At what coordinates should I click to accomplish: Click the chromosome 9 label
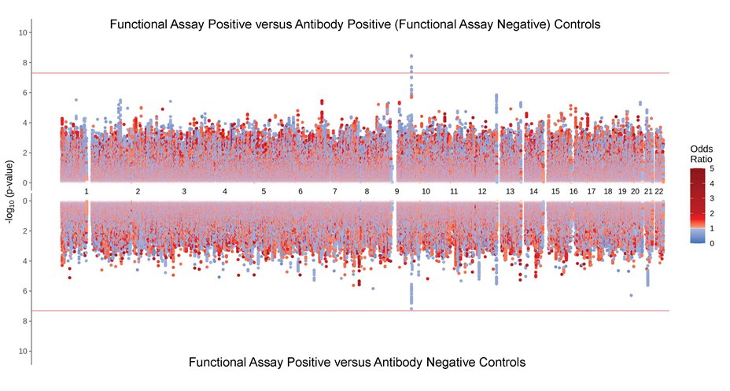[396, 191]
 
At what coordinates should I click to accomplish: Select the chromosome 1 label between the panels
[87, 191]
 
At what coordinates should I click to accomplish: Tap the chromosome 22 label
[660, 191]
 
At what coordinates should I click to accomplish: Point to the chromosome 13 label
[510, 191]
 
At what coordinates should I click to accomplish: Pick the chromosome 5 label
[264, 191]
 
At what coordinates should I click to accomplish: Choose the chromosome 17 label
[591, 191]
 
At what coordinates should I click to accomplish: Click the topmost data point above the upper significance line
[411, 56]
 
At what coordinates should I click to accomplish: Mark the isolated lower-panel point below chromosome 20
[631, 296]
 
